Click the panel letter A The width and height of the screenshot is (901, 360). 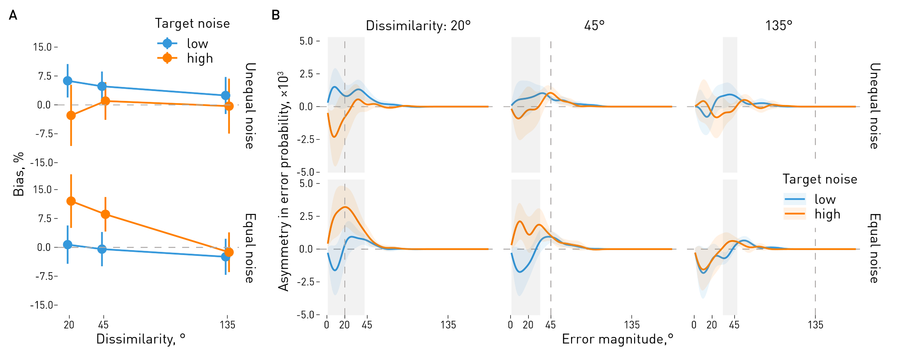pyautogui.click(x=13, y=16)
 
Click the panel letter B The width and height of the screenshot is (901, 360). pyautogui.click(x=275, y=16)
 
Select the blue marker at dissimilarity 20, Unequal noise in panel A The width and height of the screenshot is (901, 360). pyautogui.click(x=68, y=81)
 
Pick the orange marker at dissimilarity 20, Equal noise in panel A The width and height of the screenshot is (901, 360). pyautogui.click(x=71, y=201)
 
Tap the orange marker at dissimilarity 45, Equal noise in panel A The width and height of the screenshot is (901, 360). pyautogui.click(x=105, y=214)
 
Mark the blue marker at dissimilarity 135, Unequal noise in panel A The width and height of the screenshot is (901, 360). pyautogui.click(x=225, y=96)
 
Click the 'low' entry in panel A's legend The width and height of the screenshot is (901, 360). pyautogui.click(x=197, y=44)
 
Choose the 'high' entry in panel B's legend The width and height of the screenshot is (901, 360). pyautogui.click(x=827, y=214)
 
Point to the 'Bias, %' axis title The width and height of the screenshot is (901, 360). pyautogui.click(x=18, y=174)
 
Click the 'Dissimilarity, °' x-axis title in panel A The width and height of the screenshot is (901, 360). pyautogui.click(x=141, y=339)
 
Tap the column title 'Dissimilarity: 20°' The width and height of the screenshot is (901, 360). pyautogui.click(x=418, y=26)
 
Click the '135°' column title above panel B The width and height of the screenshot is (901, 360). pyautogui.click(x=778, y=26)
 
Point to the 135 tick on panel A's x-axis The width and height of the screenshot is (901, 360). pyautogui.click(x=227, y=325)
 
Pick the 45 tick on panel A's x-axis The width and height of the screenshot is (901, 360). pyautogui.click(x=103, y=325)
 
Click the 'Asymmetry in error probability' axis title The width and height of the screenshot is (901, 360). pyautogui.click(x=284, y=180)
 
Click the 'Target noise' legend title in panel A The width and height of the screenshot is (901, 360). pyautogui.click(x=192, y=23)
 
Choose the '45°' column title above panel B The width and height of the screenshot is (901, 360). pyautogui.click(x=594, y=26)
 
